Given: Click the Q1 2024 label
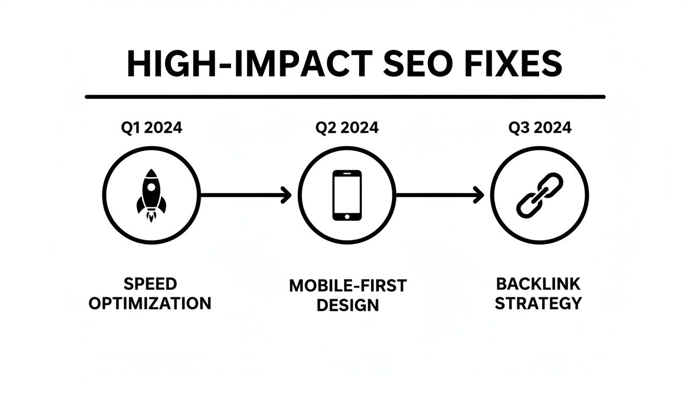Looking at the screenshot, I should pos(151,128).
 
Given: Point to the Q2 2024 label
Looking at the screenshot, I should pos(348,128).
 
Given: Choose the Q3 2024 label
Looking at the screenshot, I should pos(540,128).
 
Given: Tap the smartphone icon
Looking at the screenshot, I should pos(347,195).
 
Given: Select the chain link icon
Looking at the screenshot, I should pos(540,195).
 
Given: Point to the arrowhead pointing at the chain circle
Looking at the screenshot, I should pos(479,195).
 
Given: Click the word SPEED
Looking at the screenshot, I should pos(150,284).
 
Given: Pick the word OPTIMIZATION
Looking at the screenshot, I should pos(150,303).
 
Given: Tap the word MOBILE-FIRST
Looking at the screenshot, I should pos(348,286).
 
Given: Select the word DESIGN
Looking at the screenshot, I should pos(348,305).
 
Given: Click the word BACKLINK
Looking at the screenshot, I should pos(538,284).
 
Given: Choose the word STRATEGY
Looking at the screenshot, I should pos(538,303).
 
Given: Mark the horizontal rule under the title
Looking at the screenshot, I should pos(345,96).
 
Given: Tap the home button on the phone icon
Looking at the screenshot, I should pos(347,215).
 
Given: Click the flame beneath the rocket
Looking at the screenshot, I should pos(151,218).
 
